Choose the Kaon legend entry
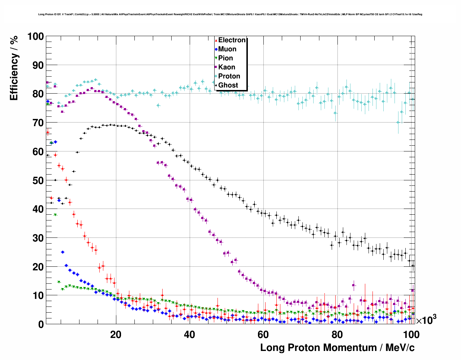click(x=227, y=67)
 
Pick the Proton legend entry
click(x=229, y=76)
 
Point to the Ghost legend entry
click(x=228, y=85)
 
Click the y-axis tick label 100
click(x=35, y=37)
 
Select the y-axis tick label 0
click(x=41, y=324)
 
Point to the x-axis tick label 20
click(x=116, y=334)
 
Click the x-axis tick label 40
click(x=189, y=334)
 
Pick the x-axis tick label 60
click(x=263, y=334)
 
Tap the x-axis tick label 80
click(x=337, y=334)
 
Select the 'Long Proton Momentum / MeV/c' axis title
click(x=337, y=348)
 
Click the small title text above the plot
click(x=230, y=14)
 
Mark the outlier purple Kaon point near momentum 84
click(x=354, y=285)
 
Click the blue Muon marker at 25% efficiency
click(x=63, y=252)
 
